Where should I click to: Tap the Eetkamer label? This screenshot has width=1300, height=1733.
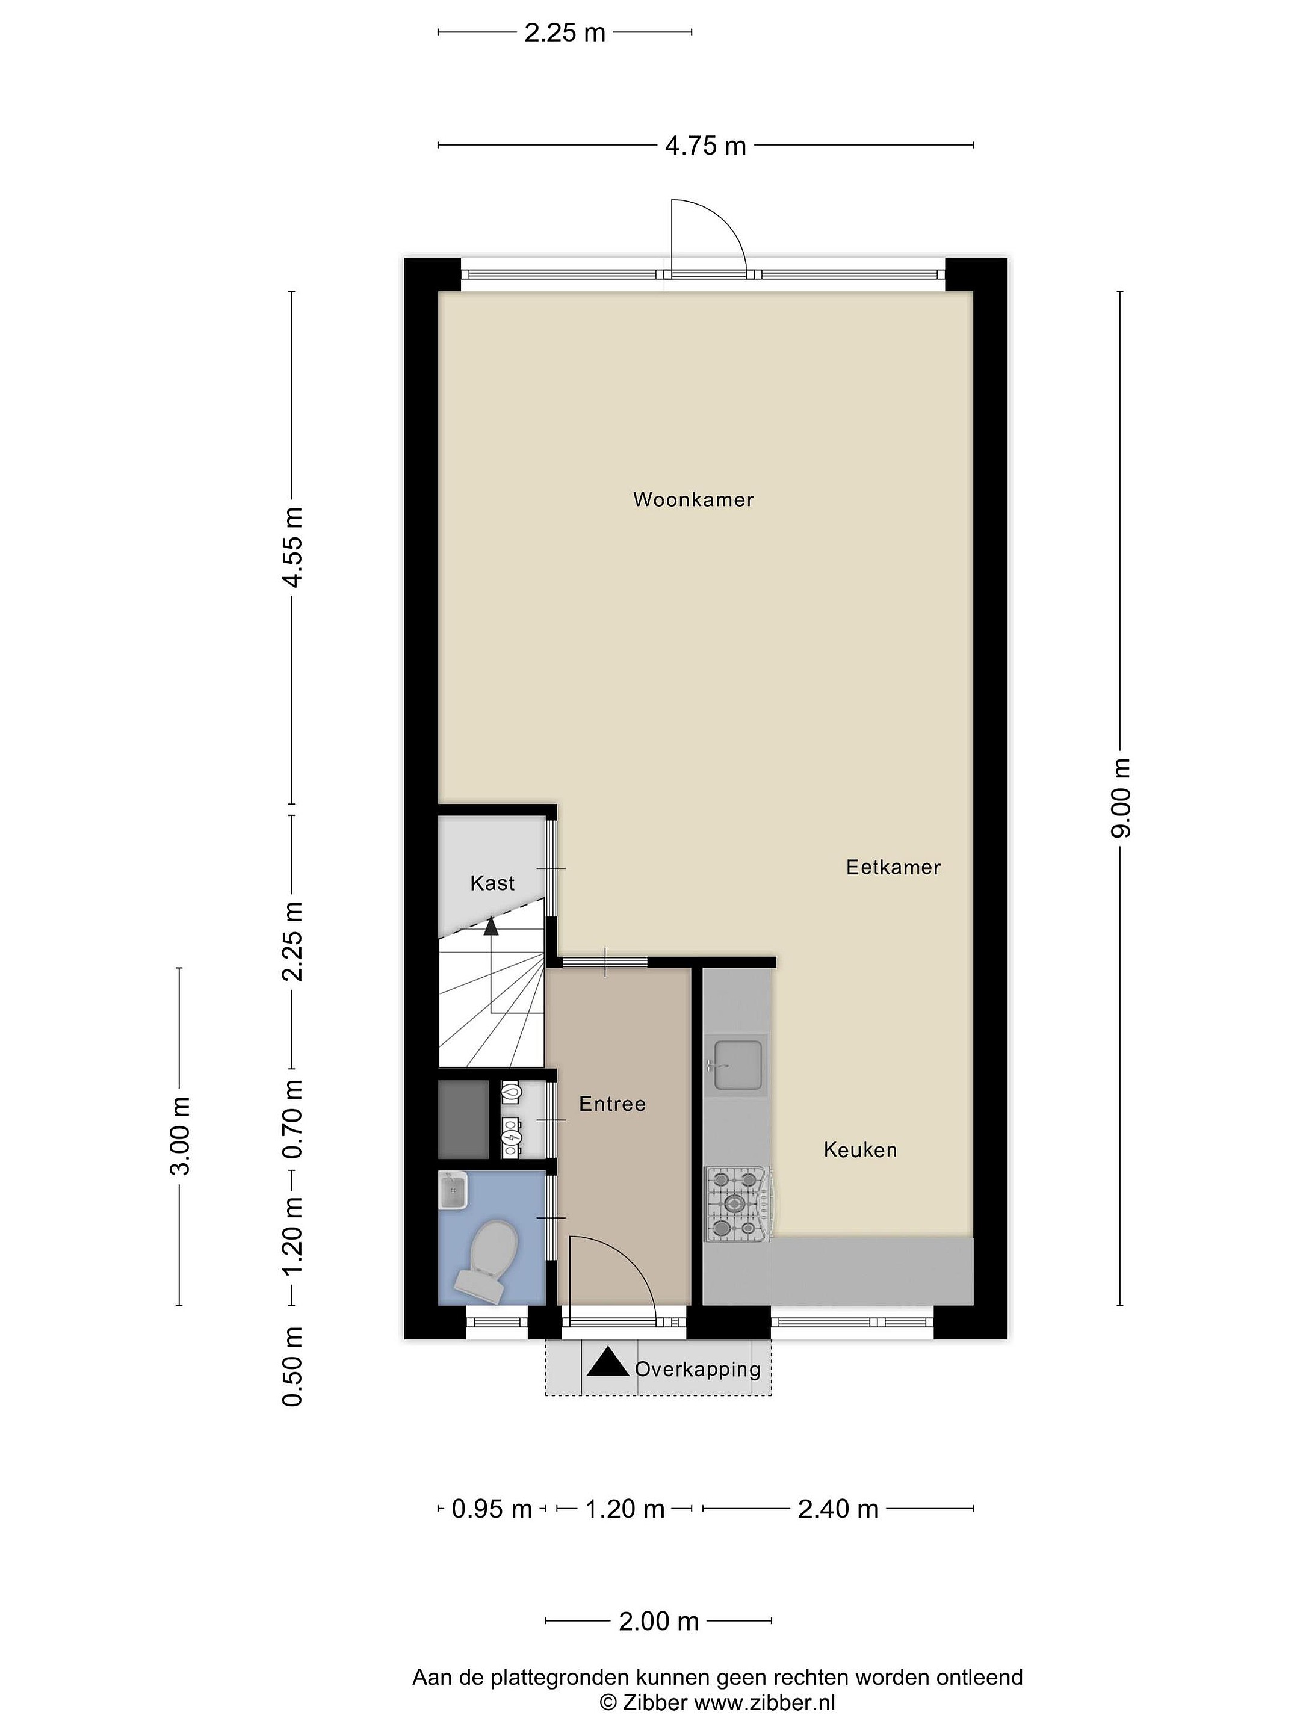pos(893,867)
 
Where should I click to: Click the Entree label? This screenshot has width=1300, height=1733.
pos(613,1104)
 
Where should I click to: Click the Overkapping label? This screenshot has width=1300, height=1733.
pos(698,1370)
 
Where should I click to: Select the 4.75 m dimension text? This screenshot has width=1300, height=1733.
pos(705,146)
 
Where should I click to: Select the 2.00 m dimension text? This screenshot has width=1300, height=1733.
pos(658,1621)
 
